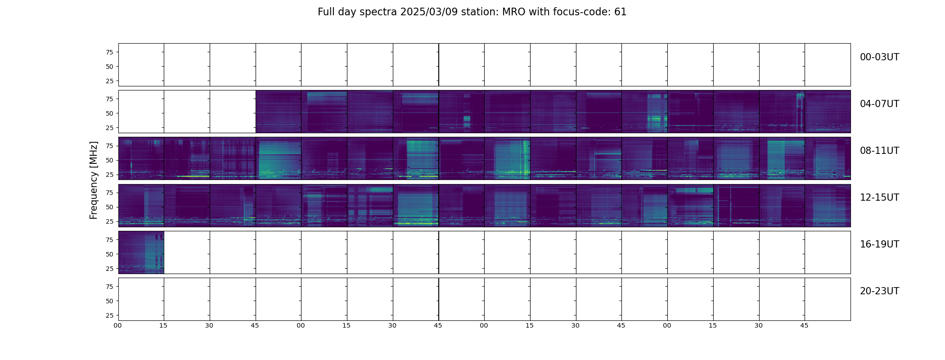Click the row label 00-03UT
coord(879,57)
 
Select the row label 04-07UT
coord(879,104)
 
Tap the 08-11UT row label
coord(879,151)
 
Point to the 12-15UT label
coord(879,198)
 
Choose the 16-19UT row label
coord(879,244)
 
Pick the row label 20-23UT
coord(879,291)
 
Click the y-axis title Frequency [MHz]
coord(94,180)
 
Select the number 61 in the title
coord(621,12)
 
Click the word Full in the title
coord(326,12)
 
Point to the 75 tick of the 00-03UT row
coord(109,52)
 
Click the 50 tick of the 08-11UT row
coord(109,160)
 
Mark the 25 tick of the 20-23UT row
coord(109,315)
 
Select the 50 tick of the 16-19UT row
coord(109,254)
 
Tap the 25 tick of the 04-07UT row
coord(109,128)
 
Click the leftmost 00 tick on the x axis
coord(118,325)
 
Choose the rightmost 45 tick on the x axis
coord(804,325)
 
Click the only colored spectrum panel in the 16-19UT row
coord(141,252)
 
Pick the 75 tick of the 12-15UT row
coord(109,193)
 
